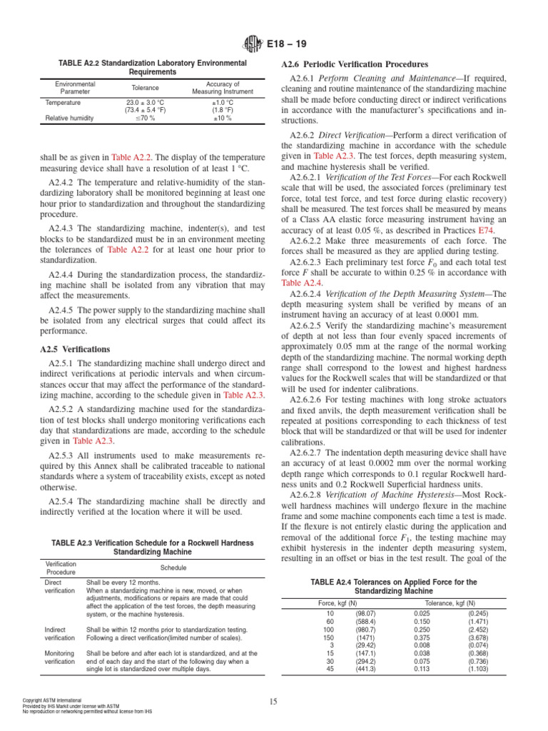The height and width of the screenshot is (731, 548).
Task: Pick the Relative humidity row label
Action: [69, 119]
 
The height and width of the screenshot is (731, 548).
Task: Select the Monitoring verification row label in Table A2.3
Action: [59, 657]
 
